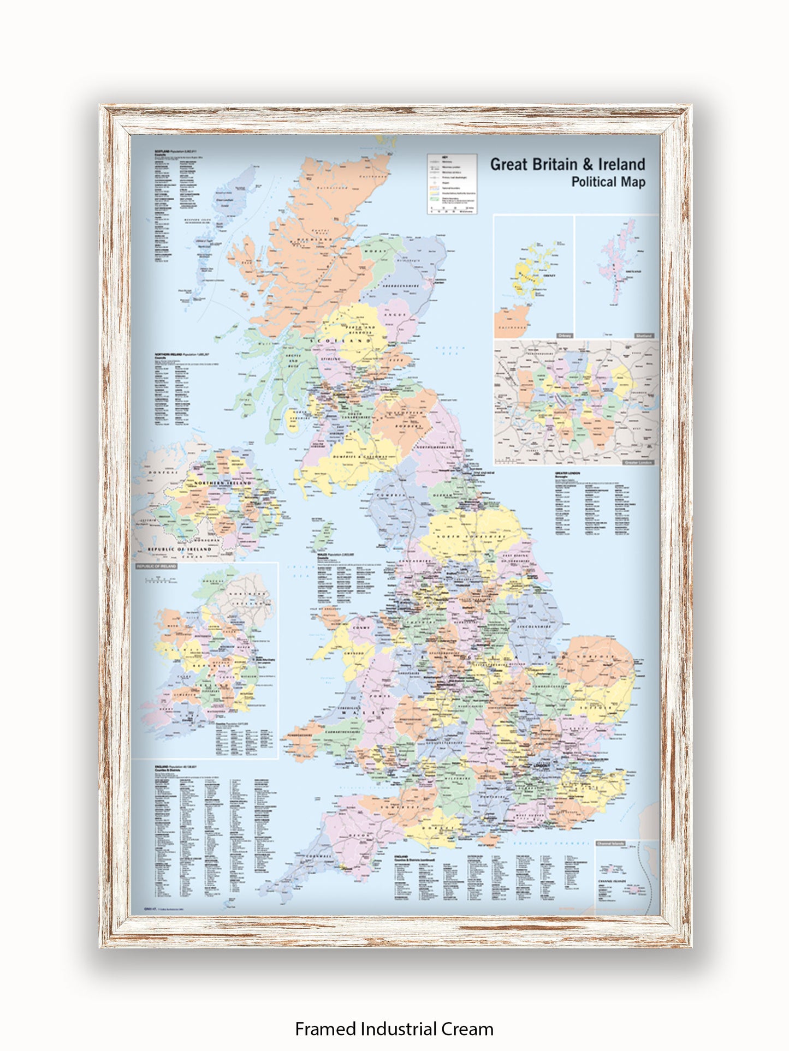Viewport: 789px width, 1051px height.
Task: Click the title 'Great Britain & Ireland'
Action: [x=567, y=164]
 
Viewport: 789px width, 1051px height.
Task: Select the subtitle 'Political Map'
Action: [x=608, y=182]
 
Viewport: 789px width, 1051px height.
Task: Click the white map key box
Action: [x=452, y=183]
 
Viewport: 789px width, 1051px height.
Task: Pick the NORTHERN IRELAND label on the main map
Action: [x=224, y=483]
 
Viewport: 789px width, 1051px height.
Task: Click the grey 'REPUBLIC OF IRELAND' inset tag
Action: [x=157, y=566]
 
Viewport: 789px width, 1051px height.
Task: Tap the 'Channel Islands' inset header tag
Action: [x=610, y=844]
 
